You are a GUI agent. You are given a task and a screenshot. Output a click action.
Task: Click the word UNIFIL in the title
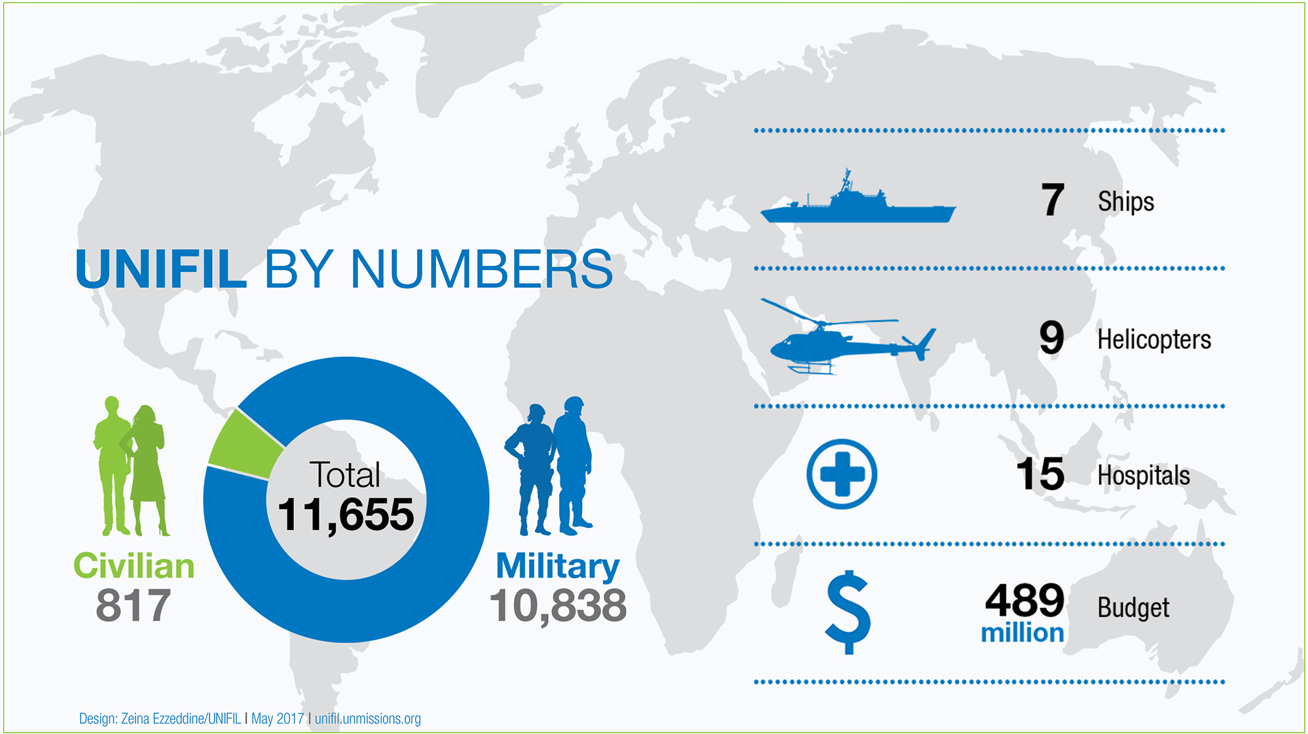tap(161, 269)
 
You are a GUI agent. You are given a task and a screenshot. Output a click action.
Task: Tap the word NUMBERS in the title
tap(481, 269)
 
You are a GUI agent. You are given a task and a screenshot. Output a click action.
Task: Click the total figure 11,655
tap(346, 515)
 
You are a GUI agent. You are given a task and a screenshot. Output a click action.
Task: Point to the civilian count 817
tap(134, 606)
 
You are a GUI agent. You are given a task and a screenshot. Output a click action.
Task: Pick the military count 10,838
tap(558, 606)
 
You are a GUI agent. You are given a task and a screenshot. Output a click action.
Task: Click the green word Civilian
tap(134, 566)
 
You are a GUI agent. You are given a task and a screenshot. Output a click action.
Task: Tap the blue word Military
tap(558, 566)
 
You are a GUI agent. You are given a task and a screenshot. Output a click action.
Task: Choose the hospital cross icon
tap(842, 474)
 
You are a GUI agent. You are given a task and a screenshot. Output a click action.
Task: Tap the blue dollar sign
tap(848, 612)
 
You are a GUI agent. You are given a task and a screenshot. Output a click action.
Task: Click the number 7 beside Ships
tap(1053, 200)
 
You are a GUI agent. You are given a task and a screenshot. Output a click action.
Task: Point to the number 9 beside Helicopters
tap(1051, 338)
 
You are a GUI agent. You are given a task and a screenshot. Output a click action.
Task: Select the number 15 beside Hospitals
tap(1040, 474)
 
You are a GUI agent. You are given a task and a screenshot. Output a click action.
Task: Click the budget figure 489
tap(1025, 601)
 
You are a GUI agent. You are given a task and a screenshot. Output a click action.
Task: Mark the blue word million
tap(1022, 633)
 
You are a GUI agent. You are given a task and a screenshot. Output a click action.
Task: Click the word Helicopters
tap(1154, 340)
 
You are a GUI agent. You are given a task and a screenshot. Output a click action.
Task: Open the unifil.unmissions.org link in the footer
tap(368, 719)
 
